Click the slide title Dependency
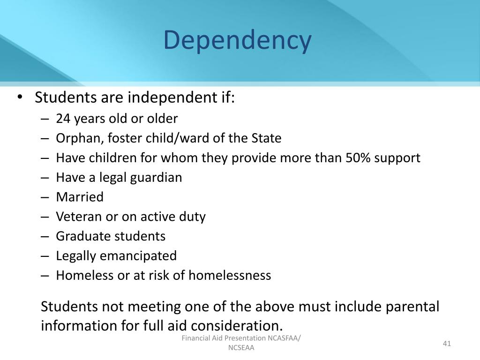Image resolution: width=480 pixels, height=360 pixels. tap(237, 40)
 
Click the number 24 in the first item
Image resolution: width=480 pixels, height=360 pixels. tap(62, 119)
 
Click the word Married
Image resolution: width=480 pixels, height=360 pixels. tap(80, 197)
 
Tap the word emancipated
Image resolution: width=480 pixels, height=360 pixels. tap(146, 256)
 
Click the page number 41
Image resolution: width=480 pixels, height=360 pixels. tap(446, 344)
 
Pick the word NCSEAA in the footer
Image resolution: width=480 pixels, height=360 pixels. tap(241, 348)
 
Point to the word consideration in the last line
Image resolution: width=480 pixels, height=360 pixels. tap(238, 325)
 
